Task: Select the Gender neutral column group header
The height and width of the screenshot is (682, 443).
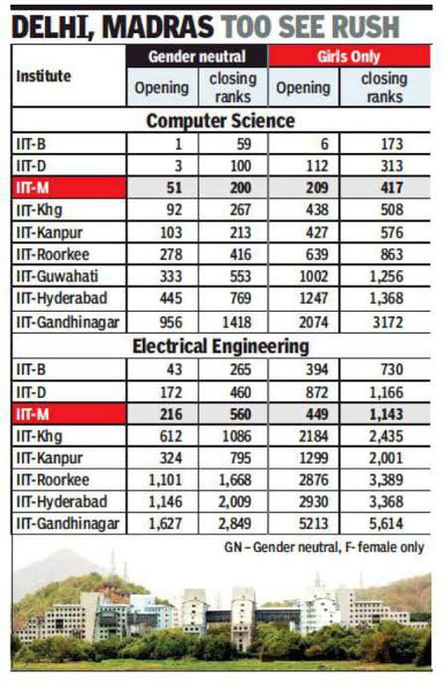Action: click(197, 57)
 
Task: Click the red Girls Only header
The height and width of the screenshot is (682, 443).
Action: click(349, 57)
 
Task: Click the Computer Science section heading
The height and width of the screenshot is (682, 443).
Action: click(221, 121)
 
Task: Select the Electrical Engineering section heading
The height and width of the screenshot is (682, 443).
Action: click(221, 346)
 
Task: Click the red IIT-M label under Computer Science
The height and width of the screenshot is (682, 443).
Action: click(70, 188)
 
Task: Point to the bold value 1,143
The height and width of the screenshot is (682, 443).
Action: click(386, 414)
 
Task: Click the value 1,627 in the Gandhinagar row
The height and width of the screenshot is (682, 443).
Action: click(165, 524)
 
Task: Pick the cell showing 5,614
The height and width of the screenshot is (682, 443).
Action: click(386, 524)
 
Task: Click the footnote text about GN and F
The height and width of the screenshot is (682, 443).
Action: click(324, 547)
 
